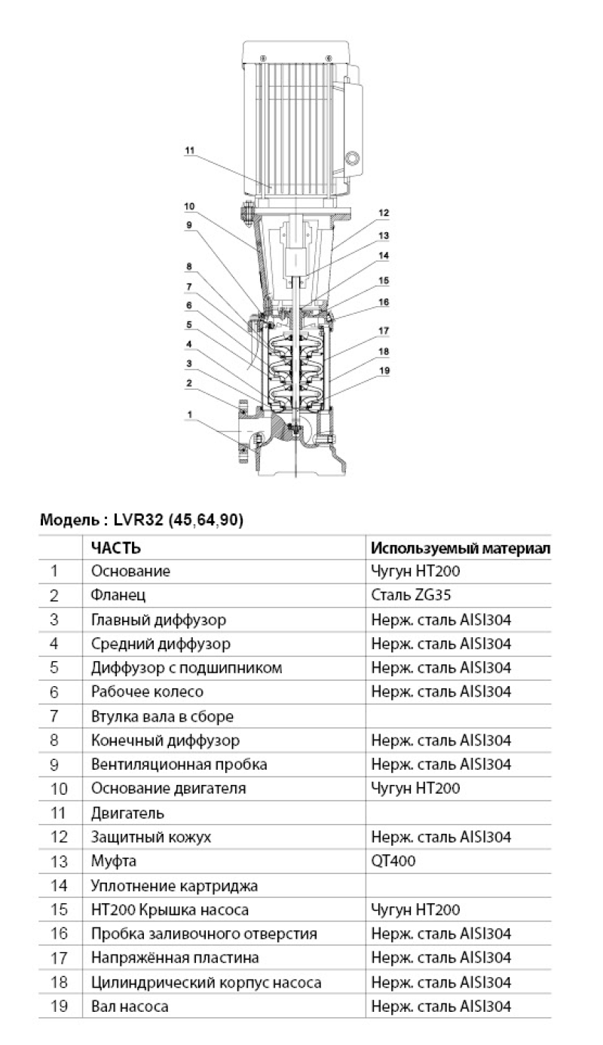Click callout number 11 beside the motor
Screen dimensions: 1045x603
point(189,150)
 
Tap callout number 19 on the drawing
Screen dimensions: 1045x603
point(384,370)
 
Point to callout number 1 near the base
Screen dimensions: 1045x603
point(190,414)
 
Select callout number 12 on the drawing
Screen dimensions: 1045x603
point(384,213)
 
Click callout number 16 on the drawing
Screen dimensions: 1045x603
point(384,302)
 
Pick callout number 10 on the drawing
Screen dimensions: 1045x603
point(188,206)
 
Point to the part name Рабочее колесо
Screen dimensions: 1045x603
point(147,691)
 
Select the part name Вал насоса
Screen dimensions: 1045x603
point(130,1006)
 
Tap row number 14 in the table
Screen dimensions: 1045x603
point(60,885)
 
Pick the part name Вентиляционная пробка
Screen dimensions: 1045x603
point(179,765)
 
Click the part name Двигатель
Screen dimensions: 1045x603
point(127,813)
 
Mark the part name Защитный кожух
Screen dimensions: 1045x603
point(151,837)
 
